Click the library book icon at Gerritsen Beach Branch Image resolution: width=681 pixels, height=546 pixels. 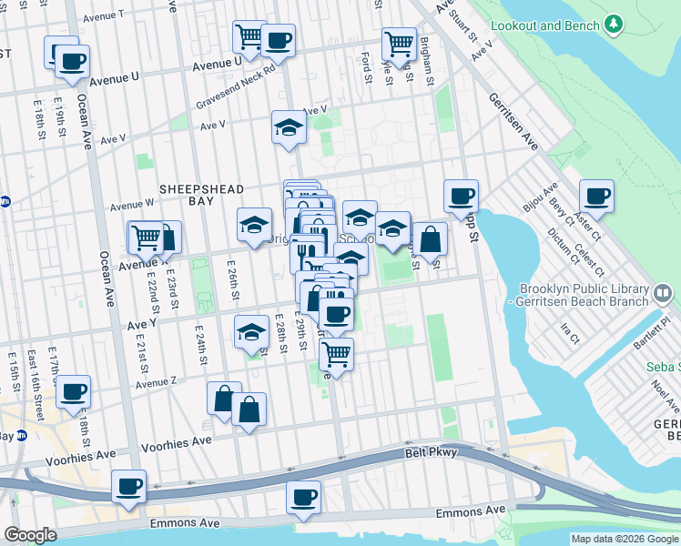point(663,292)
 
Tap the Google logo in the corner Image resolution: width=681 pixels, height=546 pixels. point(30,535)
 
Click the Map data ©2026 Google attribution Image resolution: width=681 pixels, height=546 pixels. point(624,539)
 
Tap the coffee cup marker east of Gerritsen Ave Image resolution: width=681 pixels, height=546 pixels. point(596,196)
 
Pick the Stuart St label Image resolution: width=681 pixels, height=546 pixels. point(467,25)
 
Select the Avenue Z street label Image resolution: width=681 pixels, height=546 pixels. point(155,384)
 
